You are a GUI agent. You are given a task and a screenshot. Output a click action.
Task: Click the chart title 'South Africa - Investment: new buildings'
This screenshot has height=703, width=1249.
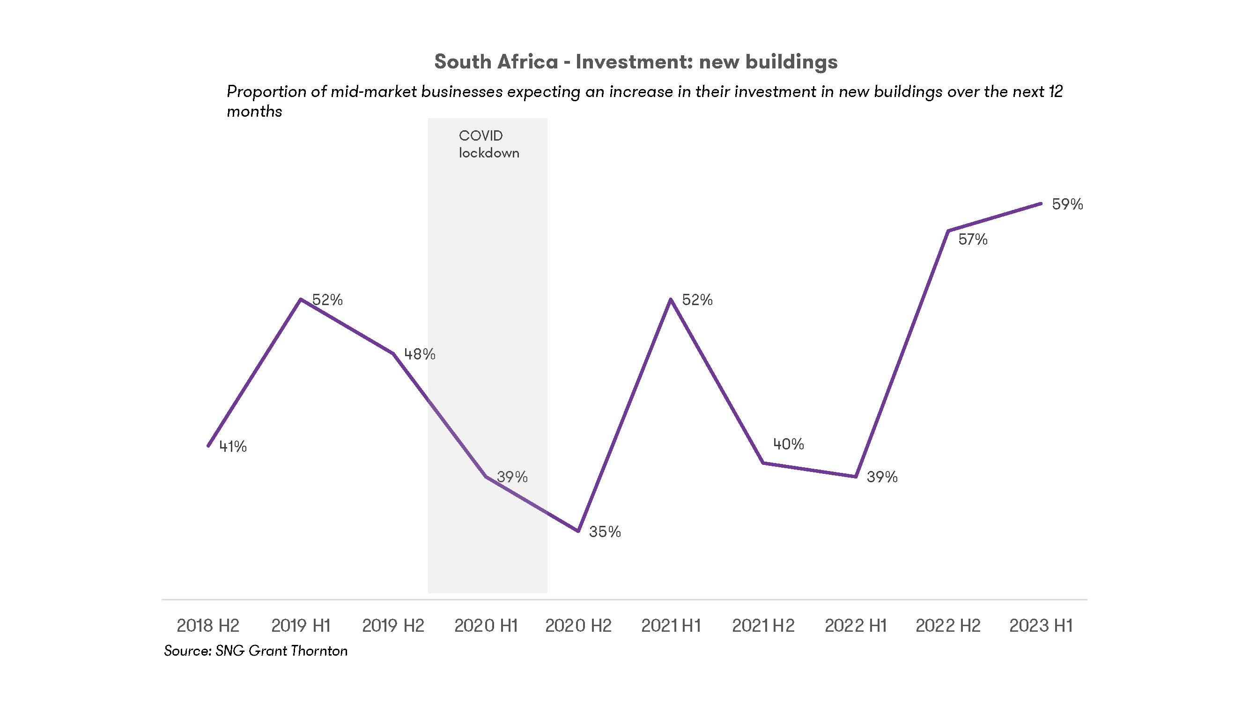[x=636, y=61]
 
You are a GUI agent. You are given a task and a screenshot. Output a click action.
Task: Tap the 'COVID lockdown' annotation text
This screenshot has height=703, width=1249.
[x=488, y=144]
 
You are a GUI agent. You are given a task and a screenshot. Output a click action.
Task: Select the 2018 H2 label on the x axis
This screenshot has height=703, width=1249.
[x=207, y=625]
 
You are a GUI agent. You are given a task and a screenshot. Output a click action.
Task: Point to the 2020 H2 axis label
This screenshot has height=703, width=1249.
[x=578, y=625]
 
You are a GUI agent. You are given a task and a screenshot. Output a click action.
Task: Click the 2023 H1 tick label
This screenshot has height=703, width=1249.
[x=1041, y=625]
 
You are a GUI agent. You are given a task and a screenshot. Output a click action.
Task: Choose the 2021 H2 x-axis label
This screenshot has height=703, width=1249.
[x=763, y=625]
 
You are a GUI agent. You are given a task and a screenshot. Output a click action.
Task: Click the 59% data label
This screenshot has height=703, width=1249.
[x=1067, y=204]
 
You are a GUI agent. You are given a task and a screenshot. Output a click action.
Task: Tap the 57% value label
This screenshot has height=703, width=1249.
[x=973, y=239]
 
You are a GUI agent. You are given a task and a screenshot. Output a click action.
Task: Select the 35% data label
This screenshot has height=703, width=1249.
[x=605, y=532]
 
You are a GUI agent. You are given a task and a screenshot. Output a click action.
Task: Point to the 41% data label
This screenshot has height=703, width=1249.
[x=233, y=446]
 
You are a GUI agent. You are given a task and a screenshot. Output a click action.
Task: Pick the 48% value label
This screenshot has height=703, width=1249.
[x=420, y=354]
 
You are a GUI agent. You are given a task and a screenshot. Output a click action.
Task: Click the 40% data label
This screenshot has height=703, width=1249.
[x=788, y=444]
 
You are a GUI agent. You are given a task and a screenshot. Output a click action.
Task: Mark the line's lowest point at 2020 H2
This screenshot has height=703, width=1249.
[x=578, y=531]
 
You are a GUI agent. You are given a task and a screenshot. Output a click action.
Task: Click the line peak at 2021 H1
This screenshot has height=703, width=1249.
[x=671, y=299]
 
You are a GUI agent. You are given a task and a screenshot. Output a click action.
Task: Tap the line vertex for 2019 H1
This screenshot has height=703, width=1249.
[x=301, y=299]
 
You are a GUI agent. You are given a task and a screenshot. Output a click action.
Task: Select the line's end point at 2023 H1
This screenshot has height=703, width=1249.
[x=1041, y=204]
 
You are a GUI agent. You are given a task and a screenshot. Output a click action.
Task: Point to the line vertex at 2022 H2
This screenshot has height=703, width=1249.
[x=948, y=231]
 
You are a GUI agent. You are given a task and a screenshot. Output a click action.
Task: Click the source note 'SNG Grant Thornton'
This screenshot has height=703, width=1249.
[x=281, y=651]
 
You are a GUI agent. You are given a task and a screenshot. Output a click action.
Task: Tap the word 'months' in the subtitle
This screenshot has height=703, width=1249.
[x=254, y=112]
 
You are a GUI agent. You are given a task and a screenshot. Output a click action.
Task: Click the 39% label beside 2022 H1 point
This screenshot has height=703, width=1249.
[x=882, y=477]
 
